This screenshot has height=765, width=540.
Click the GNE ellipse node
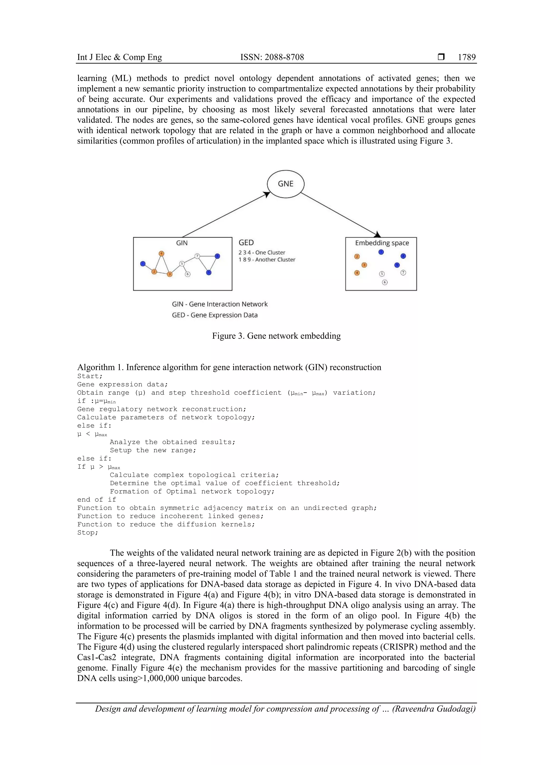pyautogui.click(x=286, y=184)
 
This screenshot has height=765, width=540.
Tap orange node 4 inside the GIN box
pyautogui.click(x=161, y=254)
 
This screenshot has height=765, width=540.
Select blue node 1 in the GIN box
pyautogui.click(x=143, y=264)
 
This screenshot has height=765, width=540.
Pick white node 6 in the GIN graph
pyautogui.click(x=188, y=274)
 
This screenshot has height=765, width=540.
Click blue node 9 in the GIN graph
pyautogui.click(x=209, y=272)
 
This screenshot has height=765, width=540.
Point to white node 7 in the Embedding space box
pyautogui.click(x=403, y=273)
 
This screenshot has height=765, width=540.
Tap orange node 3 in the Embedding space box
pyautogui.click(x=364, y=265)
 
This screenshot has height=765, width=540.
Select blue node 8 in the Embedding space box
pyautogui.click(x=403, y=256)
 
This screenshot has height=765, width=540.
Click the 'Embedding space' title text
pyautogui.click(x=382, y=243)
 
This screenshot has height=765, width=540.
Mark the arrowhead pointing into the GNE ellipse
pyautogui.click(x=267, y=194)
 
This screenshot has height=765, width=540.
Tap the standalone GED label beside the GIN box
pyautogui.click(x=246, y=243)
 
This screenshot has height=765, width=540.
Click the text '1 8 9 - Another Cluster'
pyautogui.click(x=267, y=260)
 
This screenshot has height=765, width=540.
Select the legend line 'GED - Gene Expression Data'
pyautogui.click(x=215, y=315)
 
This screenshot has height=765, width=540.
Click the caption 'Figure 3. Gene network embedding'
pyautogui.click(x=276, y=336)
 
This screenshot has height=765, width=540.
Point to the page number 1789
pyautogui.click(x=466, y=57)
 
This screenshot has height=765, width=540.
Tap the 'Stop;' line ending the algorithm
pyautogui.click(x=88, y=532)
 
